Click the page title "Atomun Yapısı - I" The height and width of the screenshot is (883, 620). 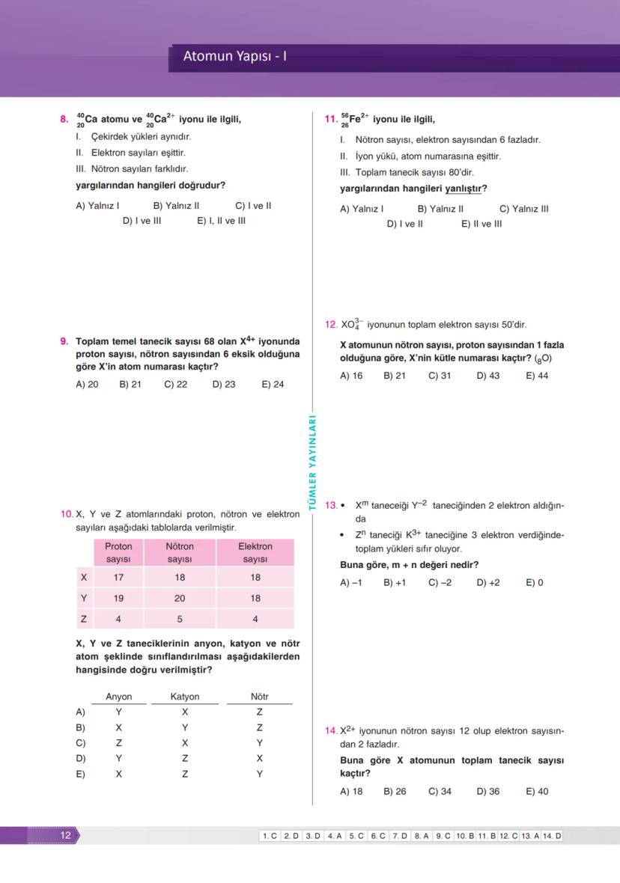(235, 56)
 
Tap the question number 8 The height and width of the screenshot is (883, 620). (64, 119)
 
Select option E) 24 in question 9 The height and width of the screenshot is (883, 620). (273, 385)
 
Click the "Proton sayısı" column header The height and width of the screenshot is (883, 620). (118, 553)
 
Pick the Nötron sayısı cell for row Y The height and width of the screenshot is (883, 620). (180, 598)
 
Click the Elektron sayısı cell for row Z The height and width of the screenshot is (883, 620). (255, 619)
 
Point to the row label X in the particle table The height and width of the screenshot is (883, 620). (83, 578)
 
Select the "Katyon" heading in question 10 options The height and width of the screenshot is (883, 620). (185, 697)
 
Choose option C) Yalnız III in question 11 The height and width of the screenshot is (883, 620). (523, 209)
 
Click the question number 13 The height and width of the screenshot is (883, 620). (331, 506)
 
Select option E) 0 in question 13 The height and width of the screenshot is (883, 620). (534, 582)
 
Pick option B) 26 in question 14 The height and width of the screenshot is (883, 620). (395, 791)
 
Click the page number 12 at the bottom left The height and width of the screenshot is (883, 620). (66, 835)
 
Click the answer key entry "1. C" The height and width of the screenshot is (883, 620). (270, 836)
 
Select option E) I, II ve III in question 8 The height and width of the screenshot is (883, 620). (221, 221)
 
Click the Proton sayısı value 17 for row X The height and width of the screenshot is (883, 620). (118, 578)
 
